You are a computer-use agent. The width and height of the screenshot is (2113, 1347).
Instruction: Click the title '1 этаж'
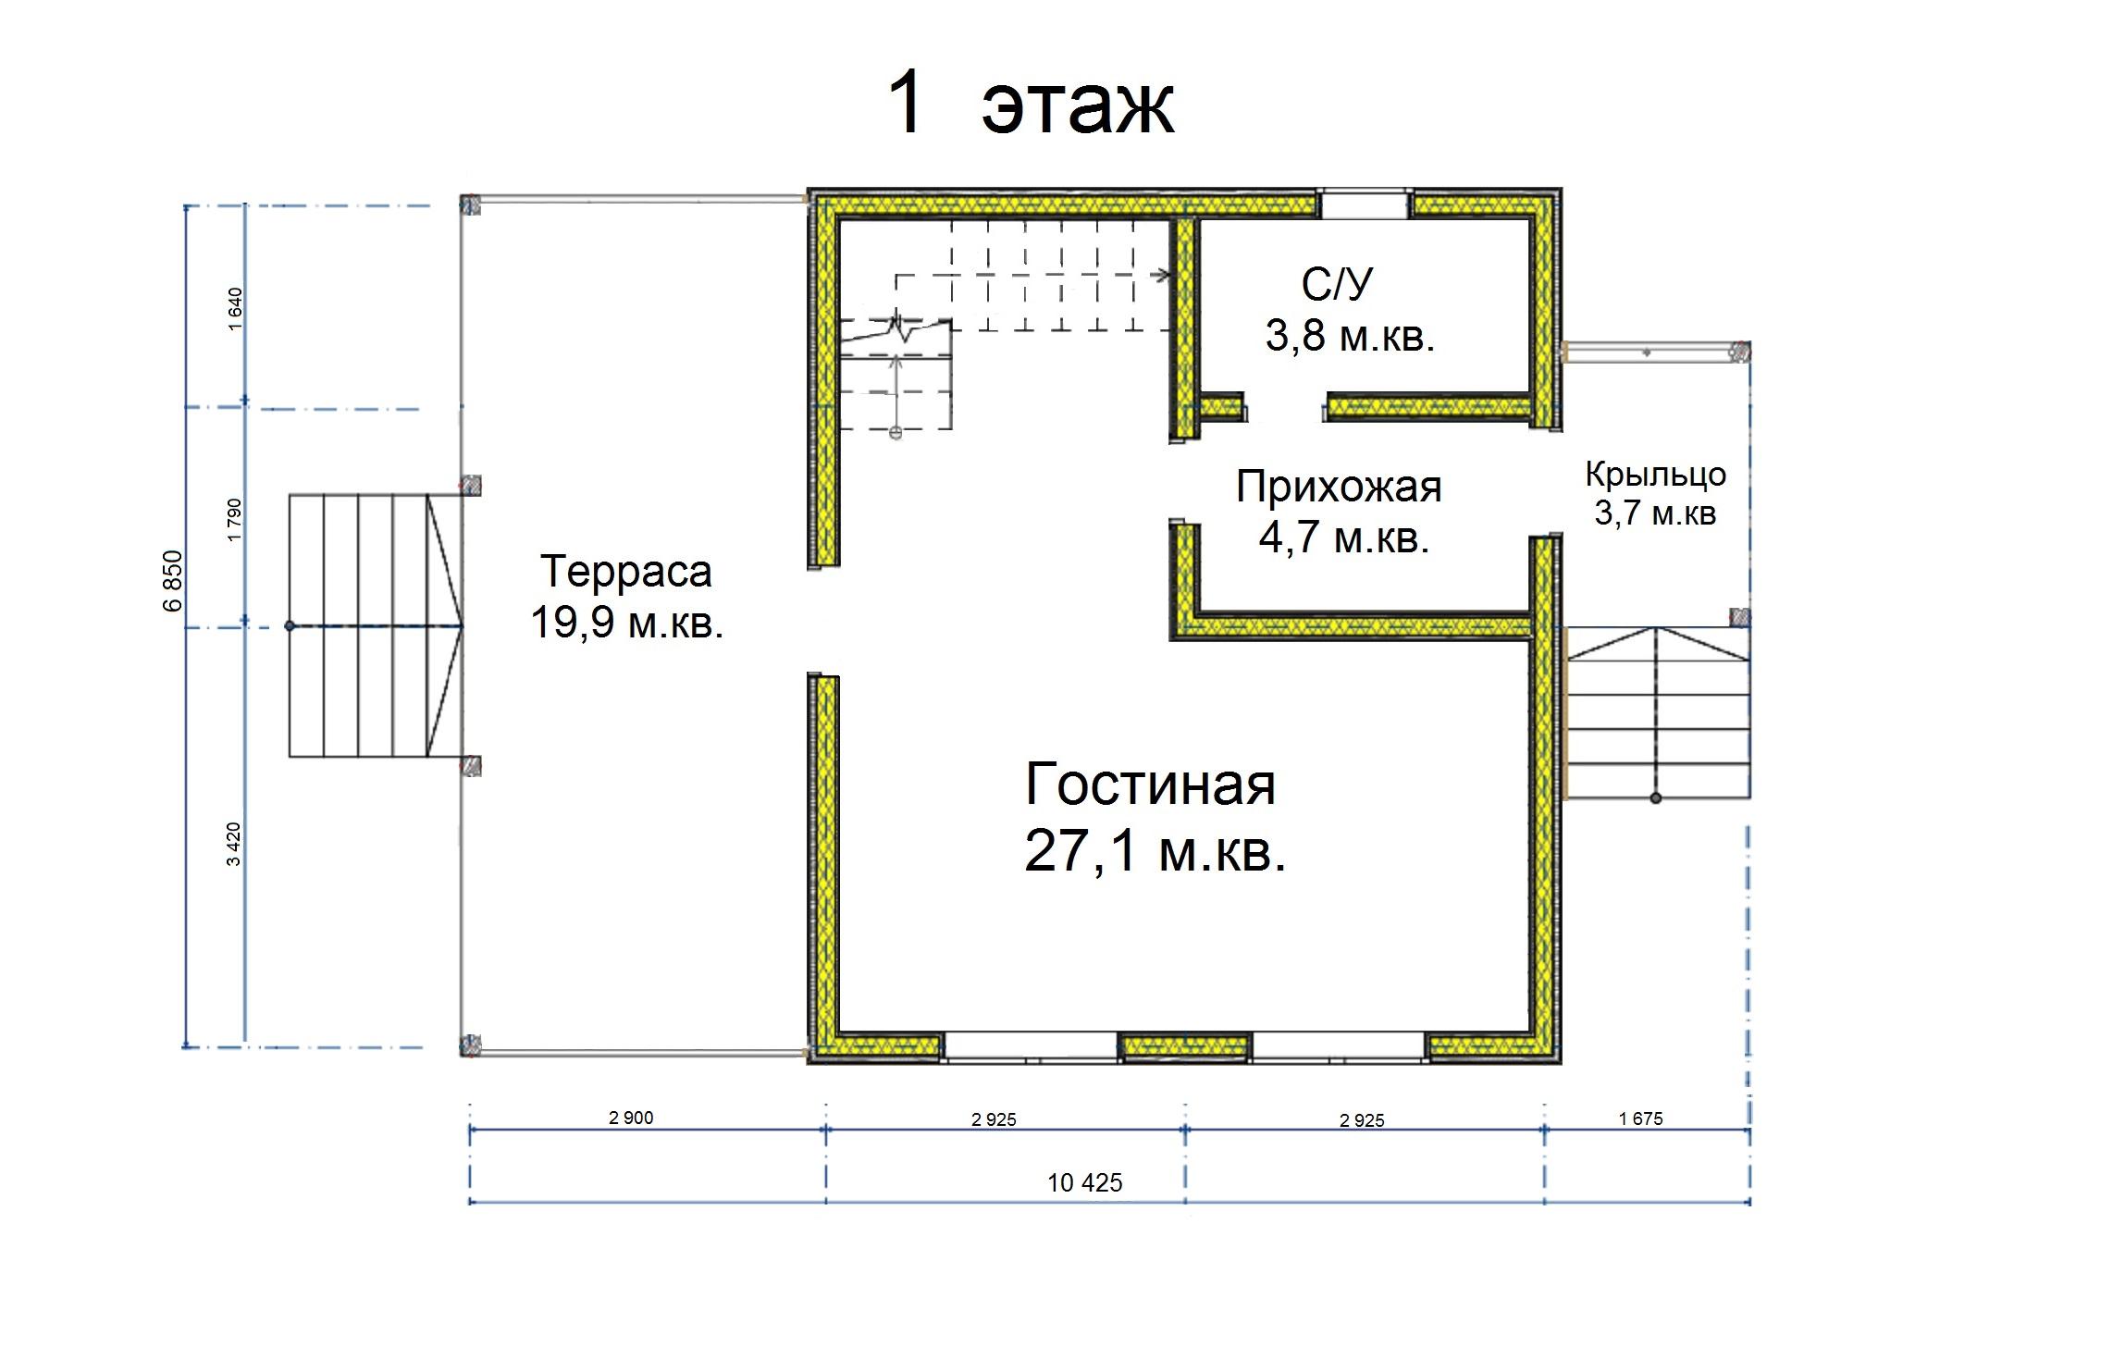pos(1031,105)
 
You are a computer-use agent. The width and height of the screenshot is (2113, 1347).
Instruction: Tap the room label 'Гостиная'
pos(1151,785)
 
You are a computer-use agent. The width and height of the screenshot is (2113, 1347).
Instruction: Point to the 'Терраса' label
pos(626,571)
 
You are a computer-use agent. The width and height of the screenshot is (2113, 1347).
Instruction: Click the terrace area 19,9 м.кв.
pos(626,623)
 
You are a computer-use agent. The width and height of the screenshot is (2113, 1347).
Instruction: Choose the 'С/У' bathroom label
pos(1337,284)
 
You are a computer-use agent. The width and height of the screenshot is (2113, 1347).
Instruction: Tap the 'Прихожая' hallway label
pos(1339,488)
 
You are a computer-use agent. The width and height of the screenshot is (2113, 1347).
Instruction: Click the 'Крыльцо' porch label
pos(1656,475)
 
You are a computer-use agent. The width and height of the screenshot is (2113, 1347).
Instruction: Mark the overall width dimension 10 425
pos(1085,1182)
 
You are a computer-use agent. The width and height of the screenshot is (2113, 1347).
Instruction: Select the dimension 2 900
pos(631,1118)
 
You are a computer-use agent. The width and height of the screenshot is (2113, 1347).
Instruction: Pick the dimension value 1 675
pos(1641,1118)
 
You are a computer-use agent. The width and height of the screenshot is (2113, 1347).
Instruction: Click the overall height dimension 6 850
pos(173,581)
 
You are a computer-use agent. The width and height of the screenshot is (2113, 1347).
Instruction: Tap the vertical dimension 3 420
pos(234,844)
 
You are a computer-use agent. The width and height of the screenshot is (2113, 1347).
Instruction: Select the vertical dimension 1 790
pos(234,520)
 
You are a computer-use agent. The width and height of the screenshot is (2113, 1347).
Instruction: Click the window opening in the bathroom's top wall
pos(1364,204)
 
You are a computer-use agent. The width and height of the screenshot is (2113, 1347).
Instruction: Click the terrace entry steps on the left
pos(376,625)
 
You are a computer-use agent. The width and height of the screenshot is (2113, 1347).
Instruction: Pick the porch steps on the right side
pos(1656,712)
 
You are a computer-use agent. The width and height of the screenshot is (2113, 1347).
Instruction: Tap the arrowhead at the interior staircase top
pos(1163,275)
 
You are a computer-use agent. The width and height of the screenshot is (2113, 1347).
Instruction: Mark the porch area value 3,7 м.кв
pos(1656,513)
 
